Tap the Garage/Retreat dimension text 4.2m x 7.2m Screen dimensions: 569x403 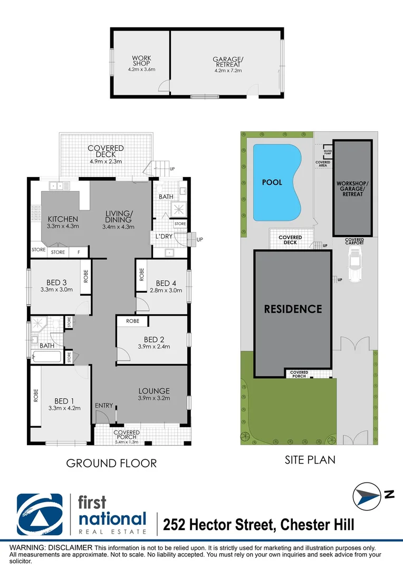(x=227, y=70)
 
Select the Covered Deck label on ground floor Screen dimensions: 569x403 (x=105, y=152)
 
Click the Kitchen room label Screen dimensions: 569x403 (x=63, y=219)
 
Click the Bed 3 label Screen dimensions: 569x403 (x=56, y=282)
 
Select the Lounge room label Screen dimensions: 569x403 (x=154, y=391)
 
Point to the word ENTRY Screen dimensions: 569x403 (x=104, y=405)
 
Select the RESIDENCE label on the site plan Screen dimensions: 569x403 (x=293, y=309)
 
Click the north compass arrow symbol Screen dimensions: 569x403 (x=367, y=496)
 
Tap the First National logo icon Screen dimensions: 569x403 (x=40, y=514)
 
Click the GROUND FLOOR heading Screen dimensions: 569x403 (x=111, y=464)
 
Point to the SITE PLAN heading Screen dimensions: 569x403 (x=310, y=460)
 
